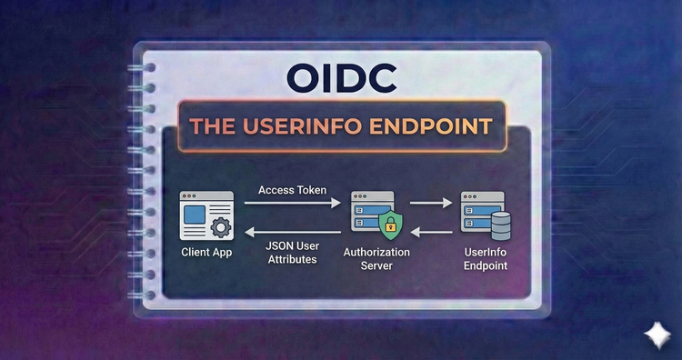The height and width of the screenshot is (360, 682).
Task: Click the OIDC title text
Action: (x=341, y=79)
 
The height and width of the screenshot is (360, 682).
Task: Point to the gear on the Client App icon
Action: (x=219, y=227)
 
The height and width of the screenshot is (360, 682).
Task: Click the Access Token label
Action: (x=292, y=190)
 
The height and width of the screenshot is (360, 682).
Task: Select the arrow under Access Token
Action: (x=292, y=206)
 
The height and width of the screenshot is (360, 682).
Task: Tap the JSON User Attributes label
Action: (x=292, y=252)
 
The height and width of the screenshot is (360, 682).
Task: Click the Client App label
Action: (x=205, y=252)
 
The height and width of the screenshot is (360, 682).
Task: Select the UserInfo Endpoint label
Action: (x=483, y=258)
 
